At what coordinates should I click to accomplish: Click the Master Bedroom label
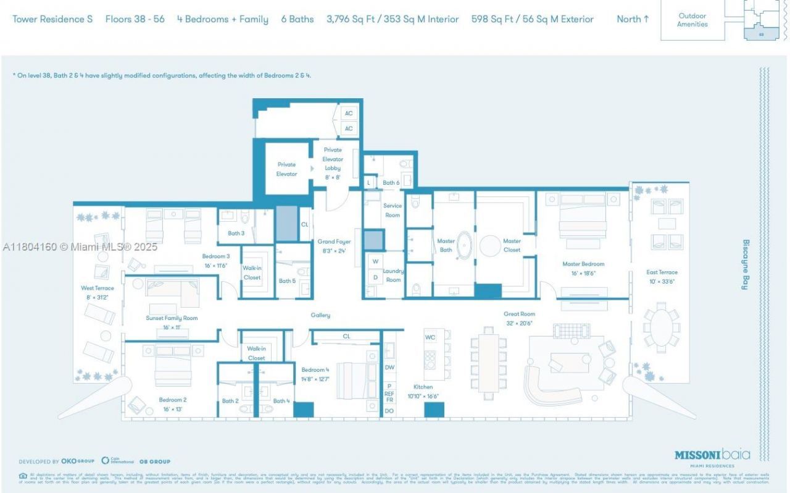tap(583, 268)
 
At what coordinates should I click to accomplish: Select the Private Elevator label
tap(286, 169)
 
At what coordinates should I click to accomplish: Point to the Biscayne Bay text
tap(745, 264)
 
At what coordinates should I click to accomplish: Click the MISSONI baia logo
tap(712, 455)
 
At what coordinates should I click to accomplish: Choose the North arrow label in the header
tap(633, 19)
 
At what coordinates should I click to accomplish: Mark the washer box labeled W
tap(375, 261)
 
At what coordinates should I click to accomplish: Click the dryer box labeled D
tap(375, 277)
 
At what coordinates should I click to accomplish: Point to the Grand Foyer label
tap(335, 246)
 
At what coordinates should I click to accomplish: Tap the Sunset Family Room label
tap(172, 322)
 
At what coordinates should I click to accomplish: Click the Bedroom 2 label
tap(172, 404)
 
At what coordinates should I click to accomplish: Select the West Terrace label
tap(98, 292)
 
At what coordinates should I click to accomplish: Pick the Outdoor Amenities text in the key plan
tap(692, 20)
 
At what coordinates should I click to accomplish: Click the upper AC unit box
tap(349, 114)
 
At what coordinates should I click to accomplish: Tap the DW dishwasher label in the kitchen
tap(389, 367)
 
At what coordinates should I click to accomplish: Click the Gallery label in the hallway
tap(320, 315)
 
